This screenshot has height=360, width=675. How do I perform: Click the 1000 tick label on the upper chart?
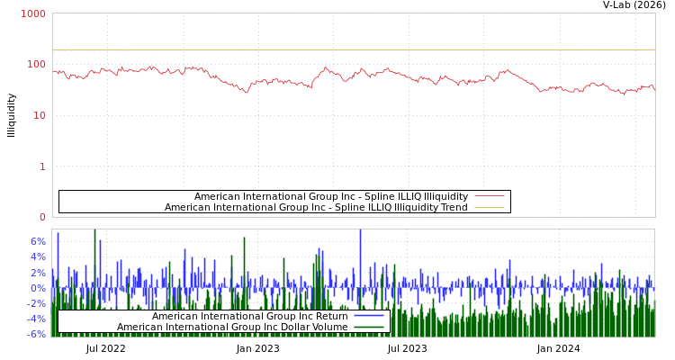click(32, 14)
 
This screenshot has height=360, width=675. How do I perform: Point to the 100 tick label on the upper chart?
click(35, 65)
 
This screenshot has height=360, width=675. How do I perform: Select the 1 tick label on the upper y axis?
click(41, 166)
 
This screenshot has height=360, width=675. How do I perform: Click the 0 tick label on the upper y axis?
click(41, 217)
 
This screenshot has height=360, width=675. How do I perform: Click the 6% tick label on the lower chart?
click(37, 241)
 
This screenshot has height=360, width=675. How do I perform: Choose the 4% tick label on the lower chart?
click(37, 256)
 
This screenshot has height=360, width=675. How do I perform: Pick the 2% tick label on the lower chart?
click(37, 272)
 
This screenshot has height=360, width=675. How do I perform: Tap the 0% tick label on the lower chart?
click(37, 288)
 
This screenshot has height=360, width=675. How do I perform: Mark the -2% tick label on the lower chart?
click(35, 303)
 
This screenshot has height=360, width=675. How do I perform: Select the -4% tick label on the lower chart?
click(35, 319)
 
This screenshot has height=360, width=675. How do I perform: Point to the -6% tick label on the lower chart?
click(35, 334)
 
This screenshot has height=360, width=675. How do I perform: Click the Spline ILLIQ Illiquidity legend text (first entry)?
click(330, 196)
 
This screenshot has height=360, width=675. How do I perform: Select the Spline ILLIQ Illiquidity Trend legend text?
click(316, 207)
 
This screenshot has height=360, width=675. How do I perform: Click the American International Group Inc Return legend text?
click(249, 316)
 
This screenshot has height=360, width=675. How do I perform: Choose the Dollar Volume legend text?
click(232, 327)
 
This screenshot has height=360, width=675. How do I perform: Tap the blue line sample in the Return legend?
click(369, 316)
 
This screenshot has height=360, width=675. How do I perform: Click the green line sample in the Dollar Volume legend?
click(369, 327)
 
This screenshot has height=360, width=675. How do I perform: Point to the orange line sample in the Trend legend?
click(489, 207)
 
